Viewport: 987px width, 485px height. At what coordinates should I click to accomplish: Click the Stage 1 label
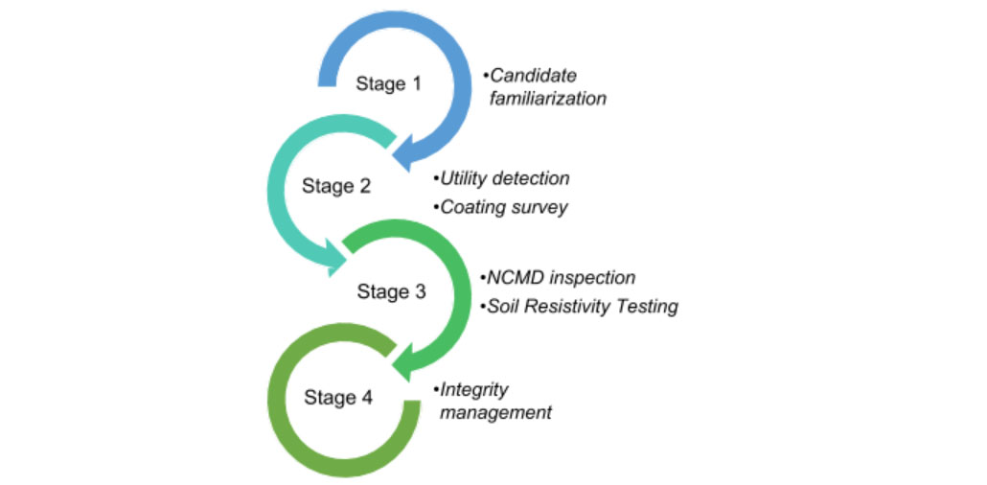coord(388,84)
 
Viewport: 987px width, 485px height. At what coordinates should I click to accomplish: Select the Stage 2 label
coord(335,186)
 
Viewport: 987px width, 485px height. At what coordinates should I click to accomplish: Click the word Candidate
coord(533,76)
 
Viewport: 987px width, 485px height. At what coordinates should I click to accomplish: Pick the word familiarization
coord(548,99)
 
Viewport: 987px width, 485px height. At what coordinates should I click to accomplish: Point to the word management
coord(495,413)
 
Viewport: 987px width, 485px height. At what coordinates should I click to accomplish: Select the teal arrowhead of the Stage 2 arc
coord(337,257)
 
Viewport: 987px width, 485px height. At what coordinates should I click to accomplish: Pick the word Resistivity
coord(573,307)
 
